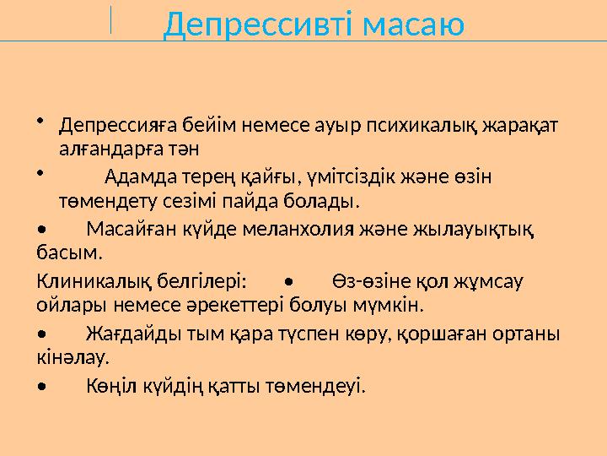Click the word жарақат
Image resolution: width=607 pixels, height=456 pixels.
click(522, 127)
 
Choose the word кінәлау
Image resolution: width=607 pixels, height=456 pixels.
click(73, 357)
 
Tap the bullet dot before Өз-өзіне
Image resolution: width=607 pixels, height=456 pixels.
click(288, 280)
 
